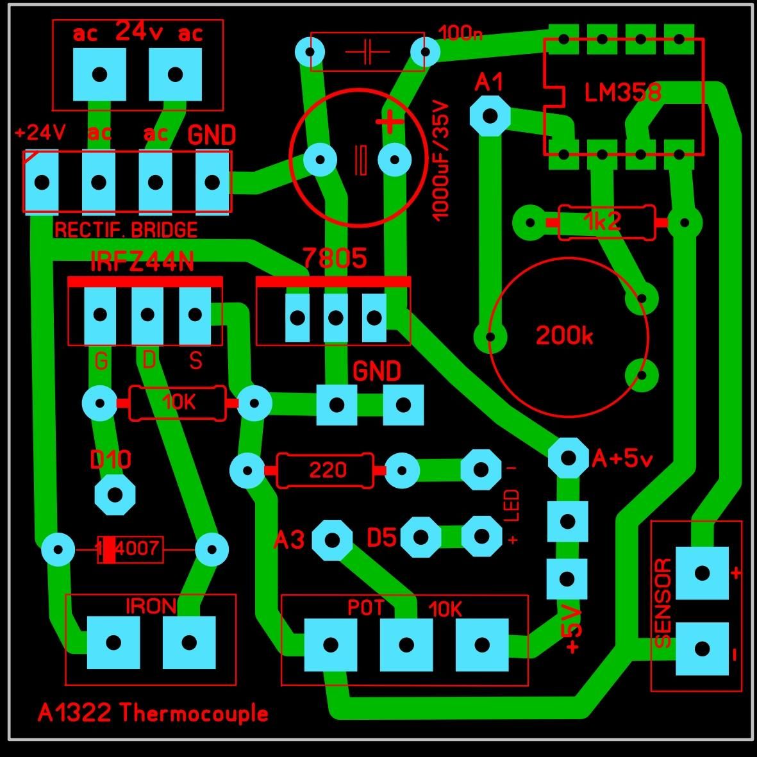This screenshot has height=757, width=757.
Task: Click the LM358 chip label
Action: (622, 92)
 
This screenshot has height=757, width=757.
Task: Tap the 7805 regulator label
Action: (335, 258)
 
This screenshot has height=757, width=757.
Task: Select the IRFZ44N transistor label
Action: (142, 262)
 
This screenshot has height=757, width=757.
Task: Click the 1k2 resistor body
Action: (607, 222)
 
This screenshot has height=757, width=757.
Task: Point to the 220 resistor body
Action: (324, 470)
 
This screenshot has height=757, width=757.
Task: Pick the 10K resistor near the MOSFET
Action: (177, 403)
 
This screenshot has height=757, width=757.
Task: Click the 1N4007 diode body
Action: (130, 549)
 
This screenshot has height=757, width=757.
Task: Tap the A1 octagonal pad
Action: (490, 116)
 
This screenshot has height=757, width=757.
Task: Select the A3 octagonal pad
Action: (332, 540)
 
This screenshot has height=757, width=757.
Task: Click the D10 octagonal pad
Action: (115, 494)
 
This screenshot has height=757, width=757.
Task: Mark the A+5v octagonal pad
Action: (569, 458)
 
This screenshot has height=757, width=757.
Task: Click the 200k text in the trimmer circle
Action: (564, 335)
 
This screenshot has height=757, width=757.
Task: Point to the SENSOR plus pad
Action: (702, 573)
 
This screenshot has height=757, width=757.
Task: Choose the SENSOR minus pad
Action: (702, 649)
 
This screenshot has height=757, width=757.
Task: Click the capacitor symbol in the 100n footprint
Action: (367, 52)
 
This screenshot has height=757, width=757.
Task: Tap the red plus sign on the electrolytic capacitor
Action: (389, 122)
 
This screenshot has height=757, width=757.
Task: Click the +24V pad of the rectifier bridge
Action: (42, 183)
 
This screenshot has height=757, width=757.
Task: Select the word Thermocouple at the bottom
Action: (193, 713)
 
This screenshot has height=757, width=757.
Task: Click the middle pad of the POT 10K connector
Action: (406, 645)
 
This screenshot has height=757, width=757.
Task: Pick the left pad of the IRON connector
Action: (113, 642)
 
